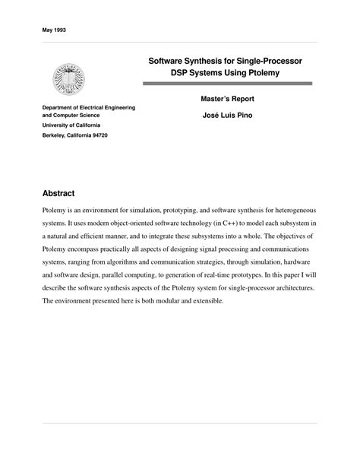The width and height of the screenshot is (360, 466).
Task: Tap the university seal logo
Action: (69, 78)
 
